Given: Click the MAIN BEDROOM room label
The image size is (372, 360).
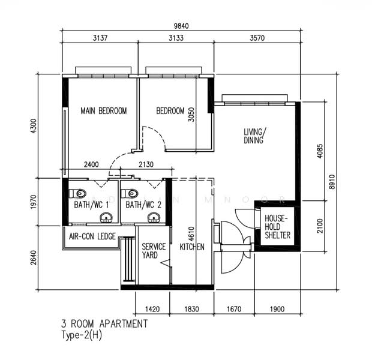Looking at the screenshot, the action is coord(104,111).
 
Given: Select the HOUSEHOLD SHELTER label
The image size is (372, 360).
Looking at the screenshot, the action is coord(277,227).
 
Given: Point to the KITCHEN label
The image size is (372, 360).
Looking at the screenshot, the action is coord(192,247).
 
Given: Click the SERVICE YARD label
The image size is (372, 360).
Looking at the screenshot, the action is coord(154,251).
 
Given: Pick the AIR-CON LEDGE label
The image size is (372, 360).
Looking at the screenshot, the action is coord(92,236).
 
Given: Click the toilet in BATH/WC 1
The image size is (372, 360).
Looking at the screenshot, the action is coord(77,194).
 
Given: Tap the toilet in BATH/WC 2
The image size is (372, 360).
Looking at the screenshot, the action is coord(129,194).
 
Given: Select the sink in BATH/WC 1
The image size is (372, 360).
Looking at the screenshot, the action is coord(106,218).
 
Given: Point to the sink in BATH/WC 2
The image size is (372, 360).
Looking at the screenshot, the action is coord(154,218).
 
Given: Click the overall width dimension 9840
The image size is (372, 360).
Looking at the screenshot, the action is coord(181,26).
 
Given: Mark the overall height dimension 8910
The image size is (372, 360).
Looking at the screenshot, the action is coord(332,182).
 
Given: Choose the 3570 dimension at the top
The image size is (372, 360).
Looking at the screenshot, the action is coord(257,38).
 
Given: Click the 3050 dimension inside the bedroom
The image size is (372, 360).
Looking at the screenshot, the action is coord(191,115).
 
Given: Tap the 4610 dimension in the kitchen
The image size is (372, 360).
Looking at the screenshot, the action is coord(191,234).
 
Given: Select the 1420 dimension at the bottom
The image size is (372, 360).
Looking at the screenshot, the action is coord(152,309).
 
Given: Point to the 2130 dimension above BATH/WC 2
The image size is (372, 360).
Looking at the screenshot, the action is coord(146,164).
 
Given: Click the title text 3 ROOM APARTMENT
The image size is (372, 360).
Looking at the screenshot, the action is coord(104,323).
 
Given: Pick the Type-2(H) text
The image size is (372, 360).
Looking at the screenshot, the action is coord(82,335).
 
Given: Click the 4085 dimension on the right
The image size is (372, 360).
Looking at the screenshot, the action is coord(320,151).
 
